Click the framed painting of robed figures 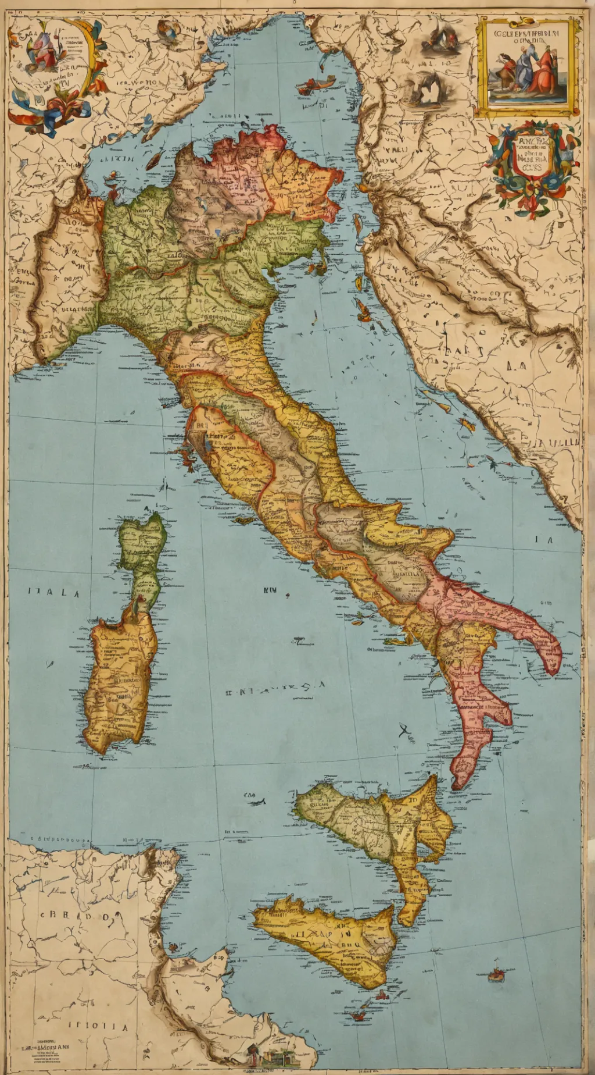click(528, 65)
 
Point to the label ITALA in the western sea click(53, 593)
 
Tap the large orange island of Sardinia click(119, 681)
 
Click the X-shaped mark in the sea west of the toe click(405, 729)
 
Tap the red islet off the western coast click(189, 460)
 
